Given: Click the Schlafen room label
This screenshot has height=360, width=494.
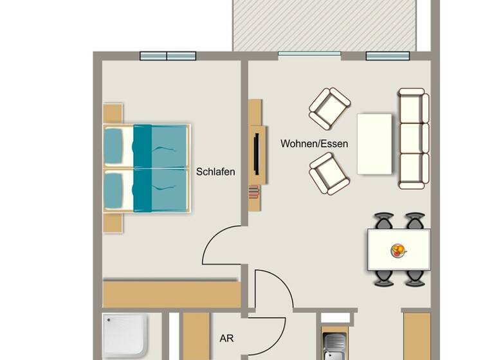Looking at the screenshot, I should coord(215,172).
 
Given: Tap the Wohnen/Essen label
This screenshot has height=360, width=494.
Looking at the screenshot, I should coord(314,143).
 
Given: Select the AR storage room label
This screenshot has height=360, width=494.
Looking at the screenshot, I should coord(226,337).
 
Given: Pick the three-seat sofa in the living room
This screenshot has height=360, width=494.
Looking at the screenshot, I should coord(413,138).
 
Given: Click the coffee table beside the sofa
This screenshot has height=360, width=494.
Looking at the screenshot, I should coord(374,143).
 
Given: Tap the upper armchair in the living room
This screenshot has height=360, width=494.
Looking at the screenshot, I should coord(329,108).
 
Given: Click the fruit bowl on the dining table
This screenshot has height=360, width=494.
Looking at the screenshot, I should coord(399,250).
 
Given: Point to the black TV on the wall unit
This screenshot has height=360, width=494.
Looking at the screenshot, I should coord(257,152).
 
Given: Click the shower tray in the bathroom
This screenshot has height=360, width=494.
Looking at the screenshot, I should coord(125,335).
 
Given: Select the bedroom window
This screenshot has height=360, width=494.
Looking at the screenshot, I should coord(168,56).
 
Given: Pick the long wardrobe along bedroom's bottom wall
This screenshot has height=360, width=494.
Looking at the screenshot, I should coord(171,293).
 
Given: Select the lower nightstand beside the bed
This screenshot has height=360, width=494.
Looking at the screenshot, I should coord(113,222).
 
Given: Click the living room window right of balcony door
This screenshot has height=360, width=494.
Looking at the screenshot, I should coord(388,56).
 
